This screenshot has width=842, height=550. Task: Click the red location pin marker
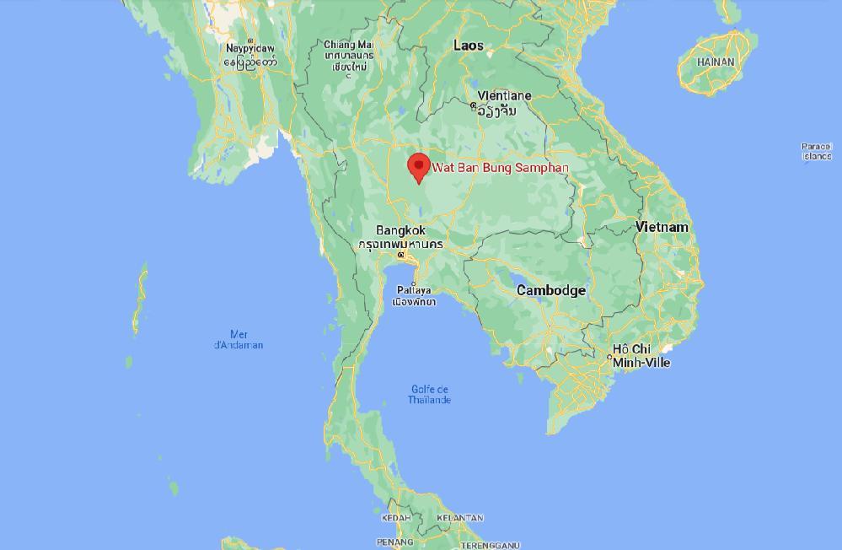(x=418, y=167)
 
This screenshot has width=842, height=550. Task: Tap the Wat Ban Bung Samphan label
(x=500, y=168)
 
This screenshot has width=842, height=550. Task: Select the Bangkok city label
(x=400, y=230)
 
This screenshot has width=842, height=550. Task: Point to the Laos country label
(x=468, y=46)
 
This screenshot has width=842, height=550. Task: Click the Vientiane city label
(x=504, y=95)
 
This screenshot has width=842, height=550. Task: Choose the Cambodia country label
(x=550, y=290)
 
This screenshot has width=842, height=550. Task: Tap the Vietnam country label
(x=662, y=227)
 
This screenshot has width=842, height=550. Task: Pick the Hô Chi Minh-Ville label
(x=641, y=355)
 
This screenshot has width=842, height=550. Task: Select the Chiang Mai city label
(x=349, y=45)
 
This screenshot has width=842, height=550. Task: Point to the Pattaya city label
(x=414, y=290)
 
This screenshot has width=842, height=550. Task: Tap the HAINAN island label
(x=716, y=62)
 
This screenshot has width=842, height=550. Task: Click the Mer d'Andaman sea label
(x=238, y=339)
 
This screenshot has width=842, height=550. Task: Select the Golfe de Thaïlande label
(x=429, y=394)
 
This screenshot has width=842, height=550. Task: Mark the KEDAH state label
(x=396, y=518)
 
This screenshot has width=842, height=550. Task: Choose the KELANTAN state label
(x=460, y=518)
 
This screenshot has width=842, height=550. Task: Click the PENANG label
(x=394, y=542)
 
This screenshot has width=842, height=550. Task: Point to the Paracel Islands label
(x=816, y=151)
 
